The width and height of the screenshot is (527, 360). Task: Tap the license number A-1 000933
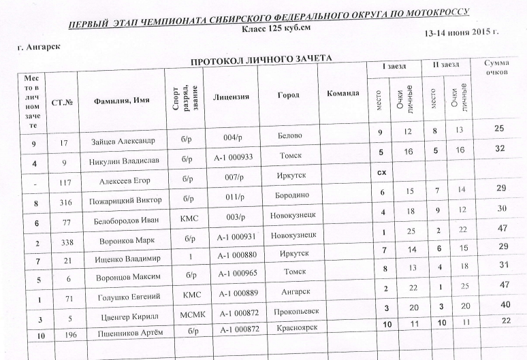(x=233, y=158)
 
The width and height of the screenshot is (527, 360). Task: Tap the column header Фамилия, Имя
(x=119, y=100)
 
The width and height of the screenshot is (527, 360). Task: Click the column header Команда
(x=343, y=92)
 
